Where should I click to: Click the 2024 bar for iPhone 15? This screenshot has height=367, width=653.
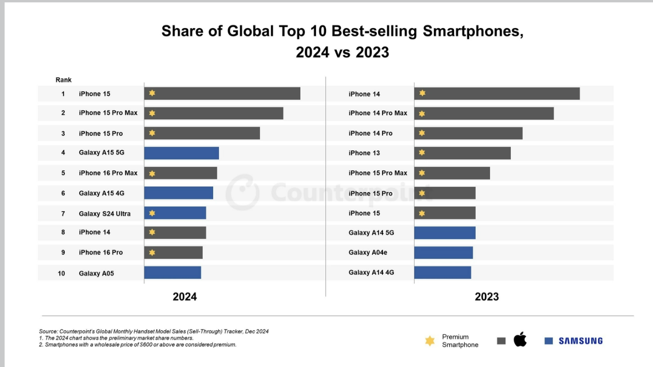click(x=222, y=93)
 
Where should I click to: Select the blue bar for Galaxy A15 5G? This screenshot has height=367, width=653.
click(x=181, y=153)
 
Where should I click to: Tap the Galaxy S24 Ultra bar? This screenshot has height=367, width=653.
click(x=175, y=213)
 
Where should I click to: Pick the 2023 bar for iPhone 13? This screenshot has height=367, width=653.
click(x=463, y=153)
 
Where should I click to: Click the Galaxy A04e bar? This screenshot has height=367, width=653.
click(x=444, y=253)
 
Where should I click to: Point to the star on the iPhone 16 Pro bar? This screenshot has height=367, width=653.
click(x=152, y=253)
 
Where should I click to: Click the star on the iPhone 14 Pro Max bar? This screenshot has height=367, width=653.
click(x=422, y=114)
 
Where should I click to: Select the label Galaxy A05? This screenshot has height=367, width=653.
click(x=96, y=274)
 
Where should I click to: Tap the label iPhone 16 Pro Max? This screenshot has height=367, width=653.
click(x=108, y=173)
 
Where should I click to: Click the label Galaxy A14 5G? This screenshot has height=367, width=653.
click(x=371, y=233)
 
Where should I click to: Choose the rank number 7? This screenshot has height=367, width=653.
click(x=63, y=214)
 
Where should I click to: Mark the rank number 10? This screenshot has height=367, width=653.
click(x=62, y=274)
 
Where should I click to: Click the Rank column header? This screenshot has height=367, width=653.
click(x=63, y=80)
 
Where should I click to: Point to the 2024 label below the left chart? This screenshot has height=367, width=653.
click(x=185, y=297)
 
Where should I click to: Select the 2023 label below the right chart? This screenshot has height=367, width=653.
click(x=487, y=297)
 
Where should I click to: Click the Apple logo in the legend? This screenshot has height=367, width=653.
click(x=520, y=340)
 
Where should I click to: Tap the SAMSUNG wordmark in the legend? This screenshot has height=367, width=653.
click(x=580, y=341)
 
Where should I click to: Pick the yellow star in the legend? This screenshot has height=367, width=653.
click(x=430, y=341)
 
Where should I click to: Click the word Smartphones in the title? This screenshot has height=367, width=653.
click(x=472, y=31)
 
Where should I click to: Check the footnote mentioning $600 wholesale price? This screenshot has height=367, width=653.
click(x=137, y=345)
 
